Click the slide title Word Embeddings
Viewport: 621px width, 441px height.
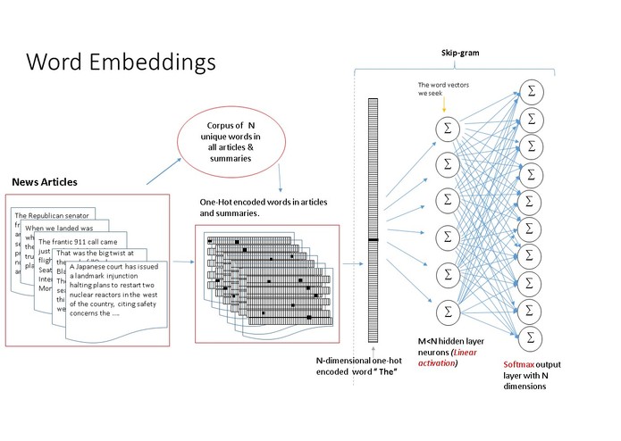click(x=121, y=62)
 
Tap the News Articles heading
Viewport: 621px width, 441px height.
click(x=45, y=182)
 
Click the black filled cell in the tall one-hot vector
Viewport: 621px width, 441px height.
click(x=373, y=241)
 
